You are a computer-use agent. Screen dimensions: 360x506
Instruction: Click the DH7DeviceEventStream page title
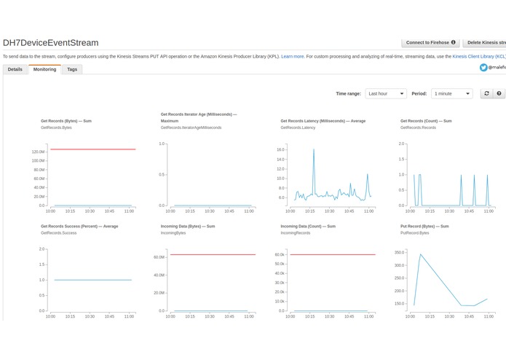click(x=51, y=43)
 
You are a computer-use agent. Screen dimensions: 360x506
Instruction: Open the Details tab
click(x=15, y=69)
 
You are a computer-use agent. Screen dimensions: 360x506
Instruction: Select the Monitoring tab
click(x=44, y=69)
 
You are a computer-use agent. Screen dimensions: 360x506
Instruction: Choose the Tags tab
click(x=72, y=69)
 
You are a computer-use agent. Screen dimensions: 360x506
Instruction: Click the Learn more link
click(x=293, y=55)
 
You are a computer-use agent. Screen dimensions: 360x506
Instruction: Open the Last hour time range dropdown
click(x=386, y=93)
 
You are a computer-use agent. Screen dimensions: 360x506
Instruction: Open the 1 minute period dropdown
click(x=452, y=93)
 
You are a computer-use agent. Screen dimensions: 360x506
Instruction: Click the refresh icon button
click(x=486, y=93)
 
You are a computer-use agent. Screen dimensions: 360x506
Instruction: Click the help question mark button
click(x=499, y=93)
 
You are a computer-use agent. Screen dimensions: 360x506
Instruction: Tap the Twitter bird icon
click(x=483, y=67)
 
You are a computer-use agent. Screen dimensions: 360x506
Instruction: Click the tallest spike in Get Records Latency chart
click(x=314, y=149)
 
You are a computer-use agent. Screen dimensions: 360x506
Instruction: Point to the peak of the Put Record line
click(x=420, y=254)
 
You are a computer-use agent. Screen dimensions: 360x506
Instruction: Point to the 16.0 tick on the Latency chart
click(x=280, y=149)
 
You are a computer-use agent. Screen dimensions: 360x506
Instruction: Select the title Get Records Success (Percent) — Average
click(x=79, y=226)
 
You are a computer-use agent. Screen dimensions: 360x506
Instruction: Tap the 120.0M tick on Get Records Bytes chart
click(x=37, y=152)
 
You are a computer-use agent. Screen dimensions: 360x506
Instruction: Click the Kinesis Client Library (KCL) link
click(x=478, y=55)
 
